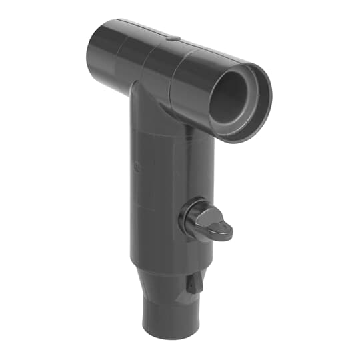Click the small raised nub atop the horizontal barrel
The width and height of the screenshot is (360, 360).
(x=172, y=39)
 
